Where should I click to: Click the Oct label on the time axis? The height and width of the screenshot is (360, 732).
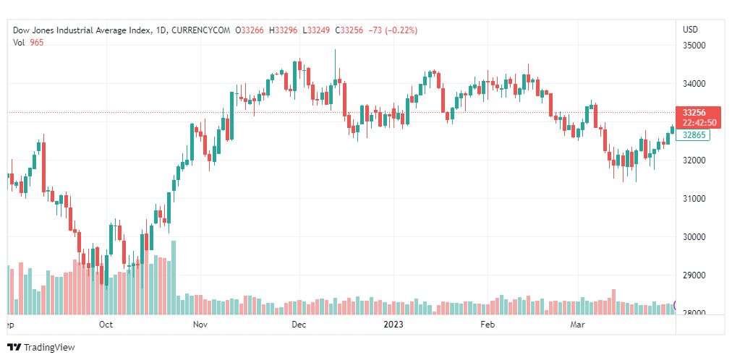[x=106, y=325]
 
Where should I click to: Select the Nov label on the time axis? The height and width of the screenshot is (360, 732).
[x=200, y=325]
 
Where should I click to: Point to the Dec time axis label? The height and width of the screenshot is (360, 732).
[x=298, y=325]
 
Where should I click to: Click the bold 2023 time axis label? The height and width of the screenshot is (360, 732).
[x=393, y=325]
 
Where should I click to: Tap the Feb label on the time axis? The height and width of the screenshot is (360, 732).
[x=488, y=325]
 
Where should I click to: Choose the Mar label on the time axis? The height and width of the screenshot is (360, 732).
[x=576, y=325]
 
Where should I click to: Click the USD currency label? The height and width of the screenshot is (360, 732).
[x=690, y=30]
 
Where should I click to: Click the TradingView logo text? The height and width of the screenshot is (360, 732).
[x=48, y=348]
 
